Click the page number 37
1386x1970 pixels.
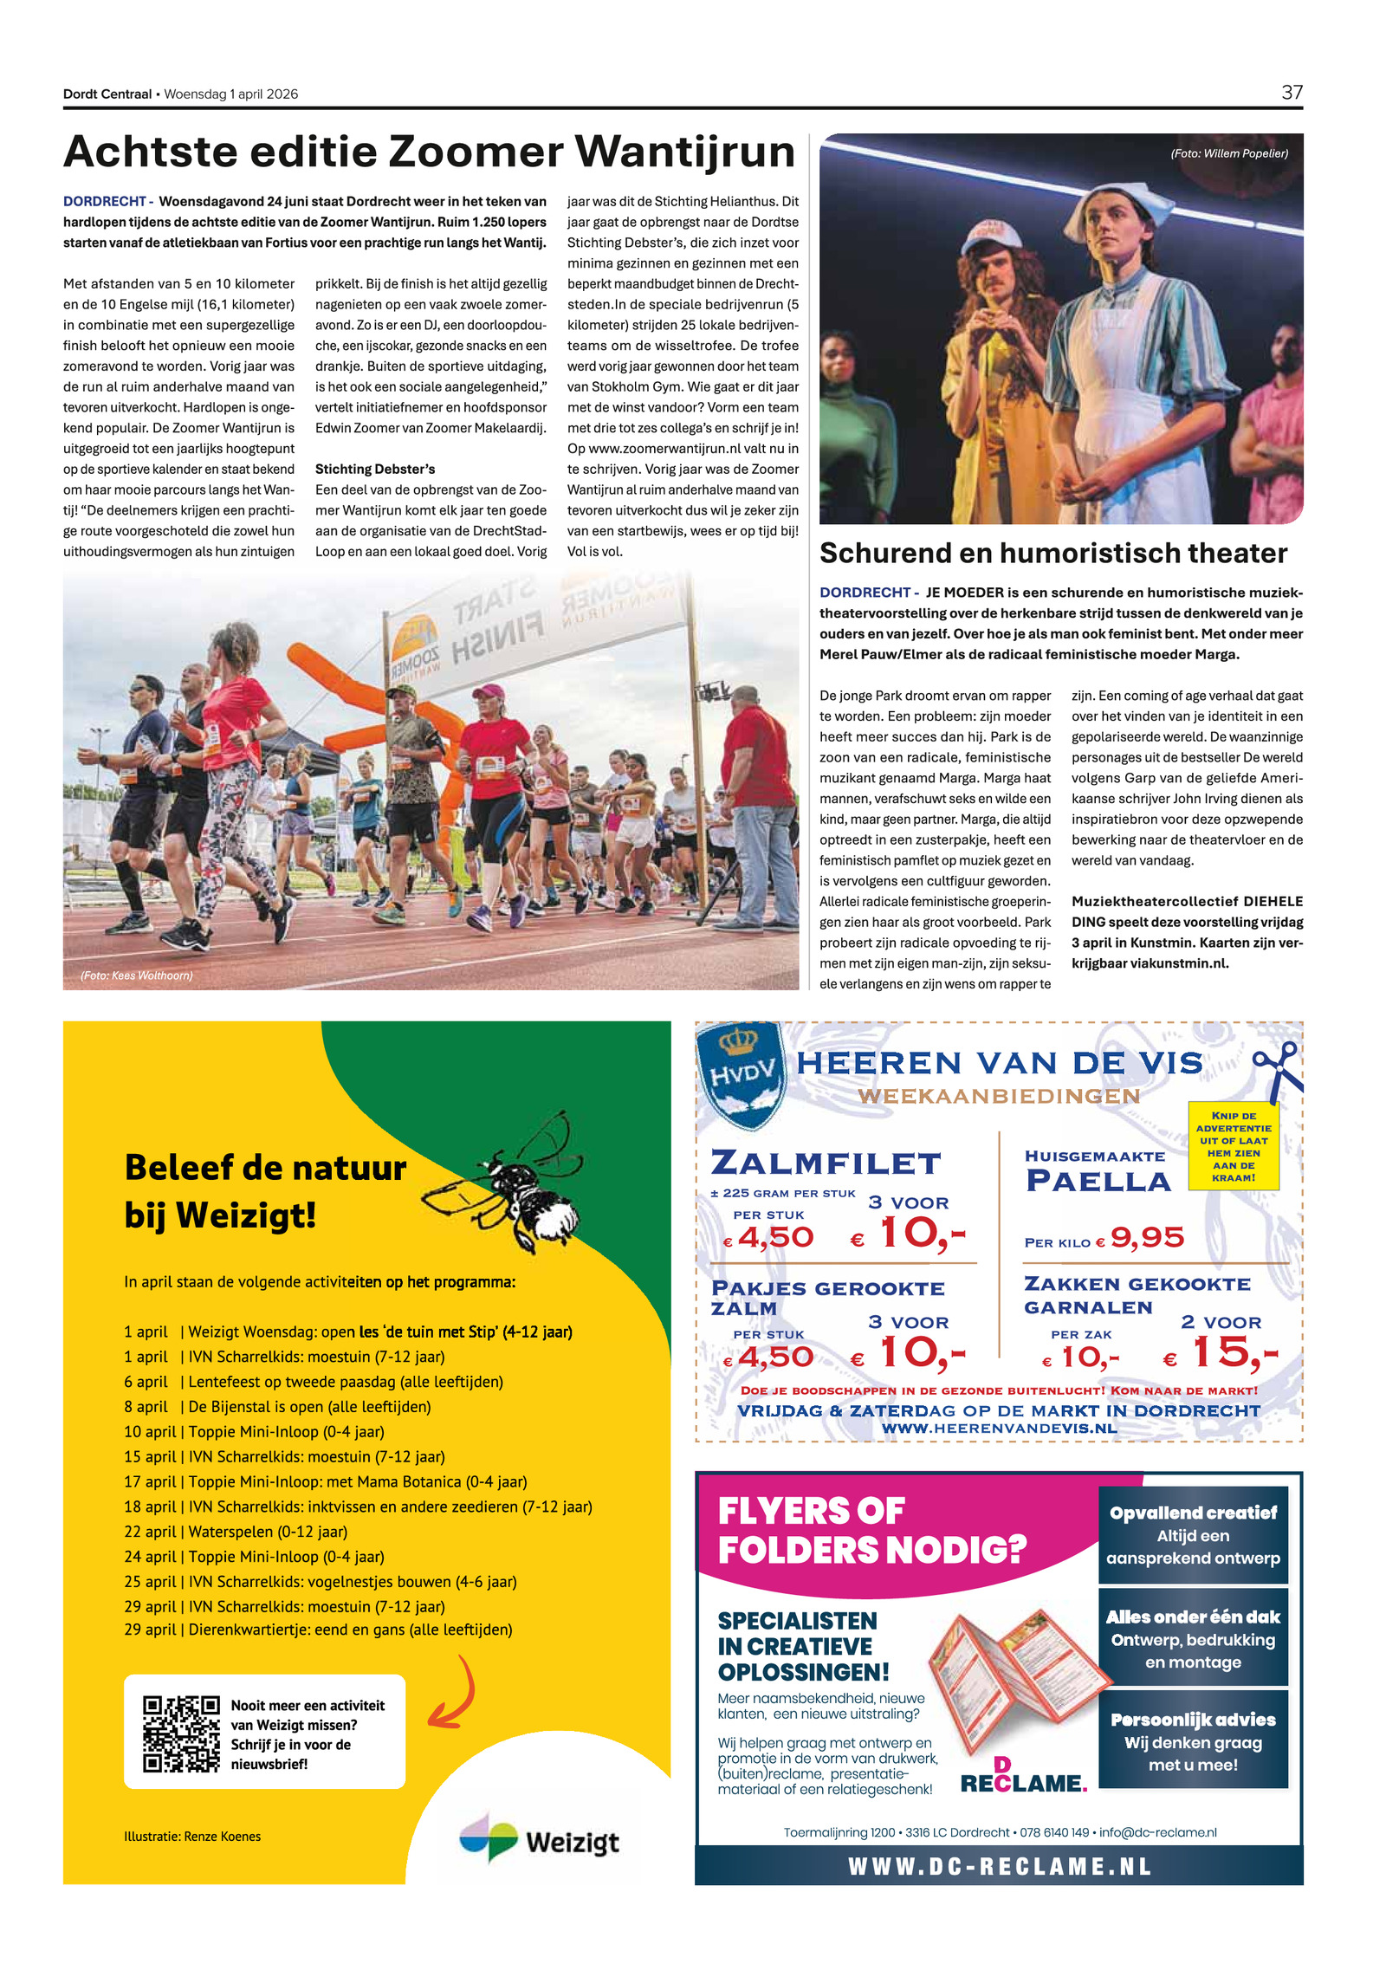1291,92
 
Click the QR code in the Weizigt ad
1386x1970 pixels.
181,1733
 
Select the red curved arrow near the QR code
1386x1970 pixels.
455,1694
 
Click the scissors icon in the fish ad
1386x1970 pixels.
1279,1066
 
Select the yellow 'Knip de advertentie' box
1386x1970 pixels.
1233,1145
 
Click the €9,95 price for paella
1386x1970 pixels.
1146,1238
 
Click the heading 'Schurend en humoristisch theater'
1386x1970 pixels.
1052,553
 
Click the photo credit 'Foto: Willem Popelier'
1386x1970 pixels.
1228,153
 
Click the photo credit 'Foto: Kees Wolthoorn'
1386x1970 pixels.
137,975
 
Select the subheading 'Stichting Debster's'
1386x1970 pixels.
375,469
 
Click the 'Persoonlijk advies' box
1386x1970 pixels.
1192,1741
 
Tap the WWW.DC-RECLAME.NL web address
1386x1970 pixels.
999,1866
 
